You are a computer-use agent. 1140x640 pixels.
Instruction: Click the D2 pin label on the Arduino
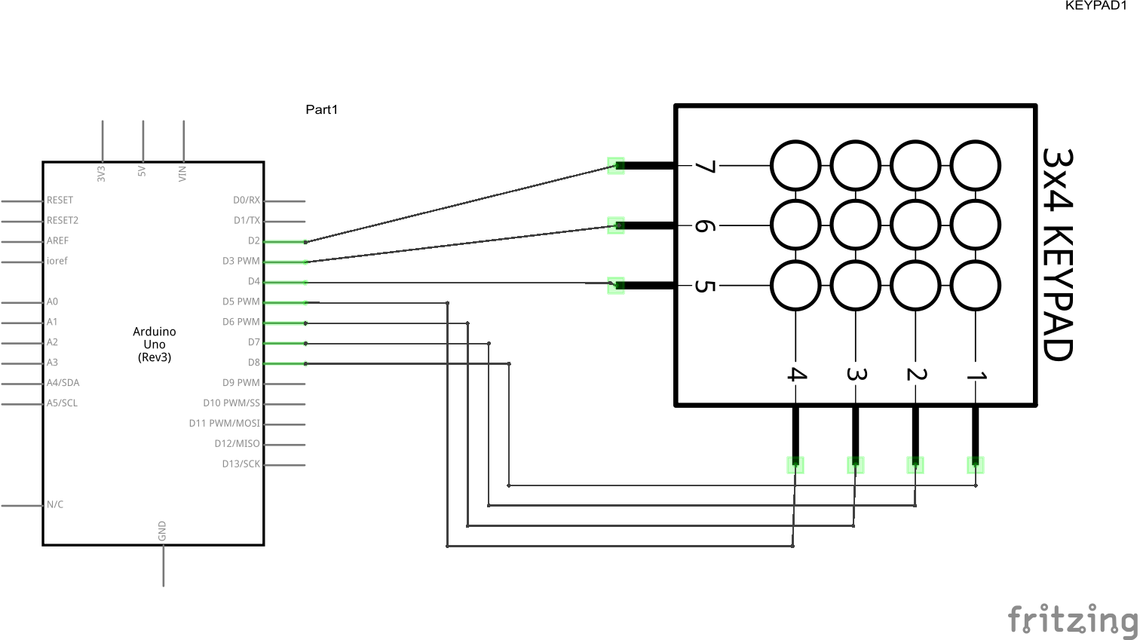click(253, 241)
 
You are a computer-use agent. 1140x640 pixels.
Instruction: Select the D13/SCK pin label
click(241, 464)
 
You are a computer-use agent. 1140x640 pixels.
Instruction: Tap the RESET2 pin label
click(63, 221)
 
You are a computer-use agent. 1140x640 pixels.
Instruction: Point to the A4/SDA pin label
click(63, 383)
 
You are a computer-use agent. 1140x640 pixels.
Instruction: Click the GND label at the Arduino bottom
click(162, 531)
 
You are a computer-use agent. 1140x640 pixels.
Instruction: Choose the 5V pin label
click(142, 173)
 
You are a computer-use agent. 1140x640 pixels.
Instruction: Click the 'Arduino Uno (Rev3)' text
click(155, 344)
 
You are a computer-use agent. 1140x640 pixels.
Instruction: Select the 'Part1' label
click(322, 110)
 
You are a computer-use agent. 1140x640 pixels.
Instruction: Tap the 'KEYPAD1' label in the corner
click(1096, 6)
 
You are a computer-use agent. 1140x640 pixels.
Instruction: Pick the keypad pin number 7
click(703, 166)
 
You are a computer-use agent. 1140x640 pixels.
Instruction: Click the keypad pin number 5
click(703, 286)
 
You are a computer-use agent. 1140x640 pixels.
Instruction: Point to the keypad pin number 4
click(796, 374)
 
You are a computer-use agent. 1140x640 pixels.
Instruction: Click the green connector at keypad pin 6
click(616, 225)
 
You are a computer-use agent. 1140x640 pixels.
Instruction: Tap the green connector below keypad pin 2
click(915, 465)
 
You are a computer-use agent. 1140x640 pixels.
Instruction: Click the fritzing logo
click(1072, 620)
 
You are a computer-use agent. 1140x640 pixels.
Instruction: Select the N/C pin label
click(55, 505)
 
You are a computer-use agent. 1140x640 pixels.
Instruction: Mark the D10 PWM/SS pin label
click(231, 403)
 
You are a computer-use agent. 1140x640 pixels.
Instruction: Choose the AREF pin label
click(57, 241)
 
